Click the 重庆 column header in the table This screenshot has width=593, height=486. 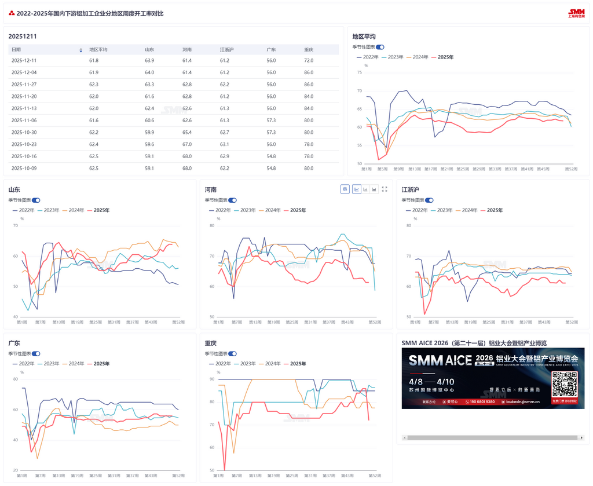(308, 50)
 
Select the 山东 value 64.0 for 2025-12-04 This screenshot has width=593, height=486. (149, 72)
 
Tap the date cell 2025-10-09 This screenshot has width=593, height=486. (24, 169)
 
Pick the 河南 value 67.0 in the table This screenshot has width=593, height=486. (187, 144)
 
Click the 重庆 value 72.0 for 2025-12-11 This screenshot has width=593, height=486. (309, 60)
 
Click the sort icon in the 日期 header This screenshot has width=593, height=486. (80, 50)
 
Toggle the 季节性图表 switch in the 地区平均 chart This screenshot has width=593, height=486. (380, 47)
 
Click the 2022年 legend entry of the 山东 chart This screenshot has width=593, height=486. (24, 210)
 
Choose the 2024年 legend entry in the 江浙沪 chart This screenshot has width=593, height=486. (466, 210)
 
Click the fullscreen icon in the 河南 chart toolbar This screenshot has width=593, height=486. (385, 189)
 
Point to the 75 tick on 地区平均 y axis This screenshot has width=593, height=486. (360, 72)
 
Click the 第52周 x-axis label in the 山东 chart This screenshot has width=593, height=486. (179, 322)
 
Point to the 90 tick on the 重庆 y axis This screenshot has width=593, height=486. (212, 379)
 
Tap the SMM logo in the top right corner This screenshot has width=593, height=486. (576, 13)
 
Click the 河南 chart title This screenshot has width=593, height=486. (210, 189)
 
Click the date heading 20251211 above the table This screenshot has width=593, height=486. (23, 36)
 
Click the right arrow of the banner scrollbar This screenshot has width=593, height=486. (581, 438)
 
